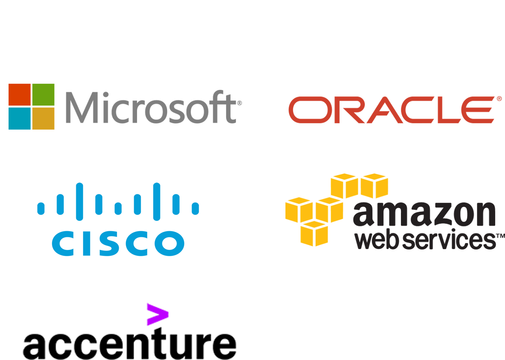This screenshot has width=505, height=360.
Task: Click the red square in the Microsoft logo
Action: (x=20, y=95)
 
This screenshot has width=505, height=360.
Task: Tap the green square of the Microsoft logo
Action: (x=43, y=95)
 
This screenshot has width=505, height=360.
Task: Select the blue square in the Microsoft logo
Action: (x=20, y=118)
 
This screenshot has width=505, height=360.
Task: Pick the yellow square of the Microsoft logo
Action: (x=43, y=118)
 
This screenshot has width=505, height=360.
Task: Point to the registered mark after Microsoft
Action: (x=239, y=103)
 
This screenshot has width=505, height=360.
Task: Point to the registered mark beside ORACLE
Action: (x=499, y=98)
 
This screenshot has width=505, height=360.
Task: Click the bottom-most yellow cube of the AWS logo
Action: (x=313, y=233)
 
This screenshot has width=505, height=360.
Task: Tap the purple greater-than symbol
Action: (x=157, y=314)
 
